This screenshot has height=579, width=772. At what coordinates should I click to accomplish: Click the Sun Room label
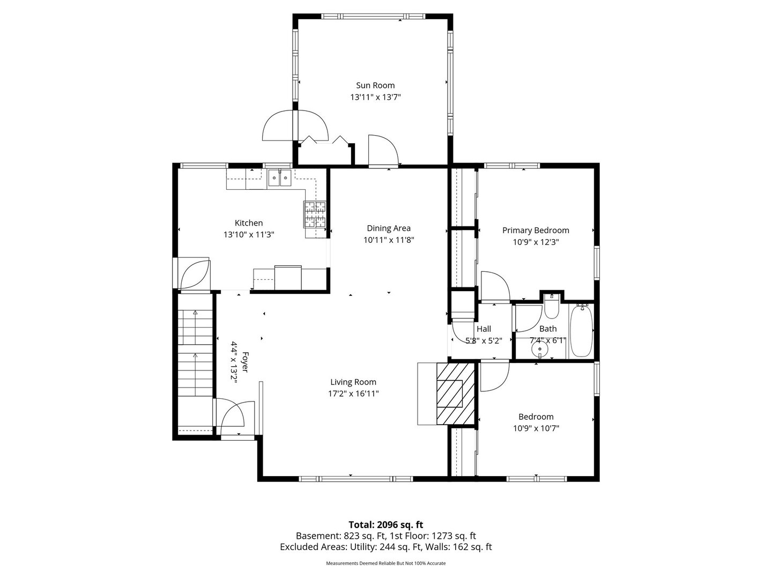pyautogui.click(x=375, y=85)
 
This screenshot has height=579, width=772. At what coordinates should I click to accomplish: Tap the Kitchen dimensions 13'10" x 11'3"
pyautogui.click(x=249, y=234)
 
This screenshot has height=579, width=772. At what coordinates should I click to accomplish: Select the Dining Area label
pyautogui.click(x=388, y=228)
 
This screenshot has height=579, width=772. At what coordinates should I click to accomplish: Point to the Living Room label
pyautogui.click(x=353, y=382)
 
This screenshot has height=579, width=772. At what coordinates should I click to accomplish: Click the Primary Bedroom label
pyautogui.click(x=535, y=231)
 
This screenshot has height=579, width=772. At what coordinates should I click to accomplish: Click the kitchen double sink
pyautogui.click(x=280, y=177)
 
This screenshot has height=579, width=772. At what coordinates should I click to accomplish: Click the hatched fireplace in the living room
pyautogui.click(x=456, y=394)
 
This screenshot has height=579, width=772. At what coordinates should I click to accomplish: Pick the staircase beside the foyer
pyautogui.click(x=195, y=353)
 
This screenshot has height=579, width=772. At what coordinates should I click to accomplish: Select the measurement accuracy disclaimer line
pyautogui.click(x=386, y=563)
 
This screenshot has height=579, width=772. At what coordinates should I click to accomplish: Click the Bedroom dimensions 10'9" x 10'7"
pyautogui.click(x=536, y=428)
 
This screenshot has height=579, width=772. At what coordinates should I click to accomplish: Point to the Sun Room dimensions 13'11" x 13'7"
pyautogui.click(x=375, y=97)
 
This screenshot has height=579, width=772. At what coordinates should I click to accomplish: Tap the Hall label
pyautogui.click(x=484, y=329)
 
